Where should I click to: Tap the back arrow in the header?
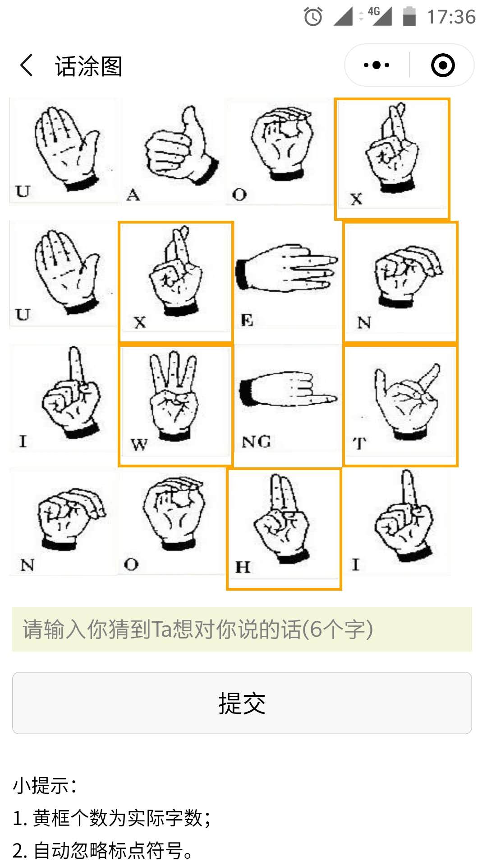[x=27, y=65]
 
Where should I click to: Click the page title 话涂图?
[x=88, y=66]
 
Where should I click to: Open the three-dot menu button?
[x=377, y=65]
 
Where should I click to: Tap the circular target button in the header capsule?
[x=443, y=65]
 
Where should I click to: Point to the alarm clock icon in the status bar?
[x=313, y=17]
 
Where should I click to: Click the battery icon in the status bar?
[x=409, y=16]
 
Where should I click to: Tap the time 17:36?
[x=451, y=17]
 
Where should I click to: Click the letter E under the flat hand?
[x=247, y=320]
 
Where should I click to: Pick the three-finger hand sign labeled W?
[x=175, y=405]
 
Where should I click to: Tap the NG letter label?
[x=256, y=442]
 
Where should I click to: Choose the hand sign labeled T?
[x=400, y=405]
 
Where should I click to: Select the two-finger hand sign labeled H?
[x=284, y=529]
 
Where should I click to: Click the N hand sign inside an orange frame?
[x=400, y=282]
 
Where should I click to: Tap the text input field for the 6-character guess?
[x=242, y=629]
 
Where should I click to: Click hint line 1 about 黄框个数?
[x=112, y=818]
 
